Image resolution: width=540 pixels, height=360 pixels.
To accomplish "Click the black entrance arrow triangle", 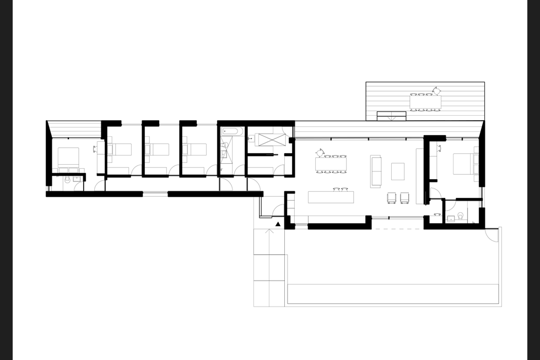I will point(278,224).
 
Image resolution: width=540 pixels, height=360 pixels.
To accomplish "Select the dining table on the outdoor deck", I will point(425,102).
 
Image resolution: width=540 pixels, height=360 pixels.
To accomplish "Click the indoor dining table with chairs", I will point(333,164).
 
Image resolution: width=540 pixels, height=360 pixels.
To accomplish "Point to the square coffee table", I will point(398,171).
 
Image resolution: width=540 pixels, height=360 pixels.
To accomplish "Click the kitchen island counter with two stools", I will point(330,197).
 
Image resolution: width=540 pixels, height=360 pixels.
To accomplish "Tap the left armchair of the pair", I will point(393,197).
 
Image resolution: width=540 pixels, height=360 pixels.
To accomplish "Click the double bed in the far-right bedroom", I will point(465,164).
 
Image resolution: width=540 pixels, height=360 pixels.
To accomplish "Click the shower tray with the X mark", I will point(266,140).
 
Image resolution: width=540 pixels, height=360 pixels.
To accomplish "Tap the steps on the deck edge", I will point(391,116).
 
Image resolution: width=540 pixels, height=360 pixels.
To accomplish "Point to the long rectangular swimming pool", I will point(393,293).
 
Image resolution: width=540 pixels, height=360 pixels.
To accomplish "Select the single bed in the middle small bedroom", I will point(158,149).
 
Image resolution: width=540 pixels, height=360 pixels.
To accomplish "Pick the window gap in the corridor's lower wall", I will point(155,194).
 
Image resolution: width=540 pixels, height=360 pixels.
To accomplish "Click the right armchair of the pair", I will point(405,197).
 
